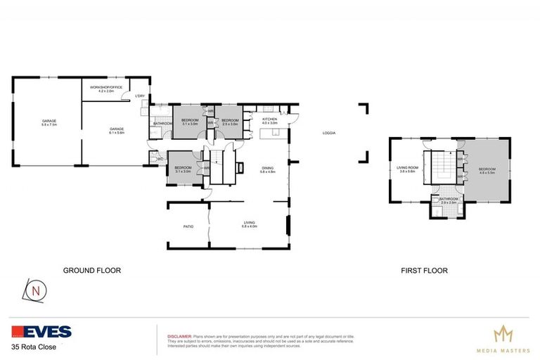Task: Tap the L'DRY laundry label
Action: pos(140,96)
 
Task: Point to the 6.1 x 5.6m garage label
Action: pos(116,131)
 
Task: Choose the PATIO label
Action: pos(188,226)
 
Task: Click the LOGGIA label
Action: pos(328,133)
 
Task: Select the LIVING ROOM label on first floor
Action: pos(408,169)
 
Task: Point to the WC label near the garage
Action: pos(161,159)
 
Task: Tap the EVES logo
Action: pos(41,332)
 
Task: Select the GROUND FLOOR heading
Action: pos(92,270)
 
